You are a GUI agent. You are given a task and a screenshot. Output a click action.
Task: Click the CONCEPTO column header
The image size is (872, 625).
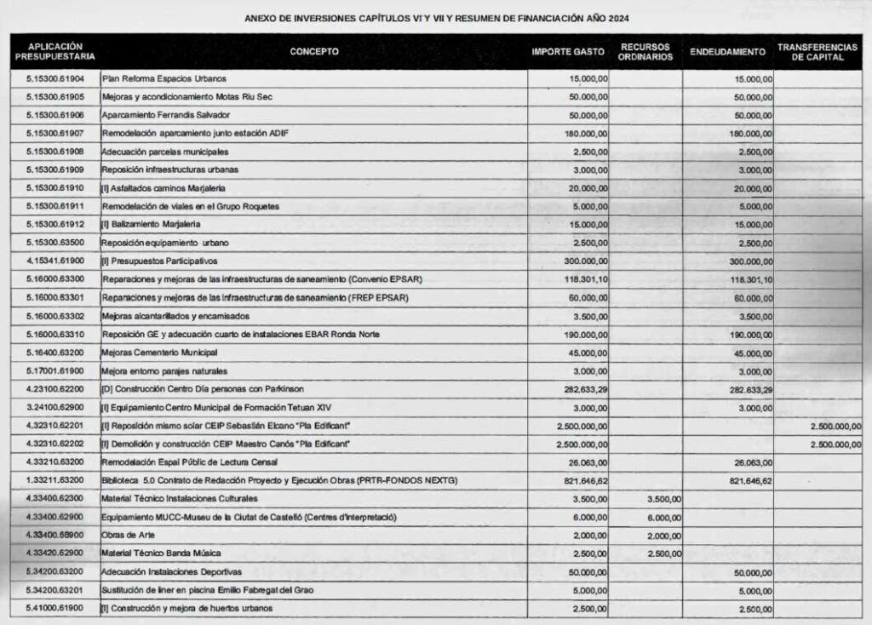click(x=314, y=51)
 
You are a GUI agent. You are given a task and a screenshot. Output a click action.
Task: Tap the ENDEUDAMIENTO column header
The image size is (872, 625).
click(x=727, y=51)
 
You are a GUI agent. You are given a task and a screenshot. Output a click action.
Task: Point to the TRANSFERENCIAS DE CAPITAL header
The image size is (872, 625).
click(x=817, y=51)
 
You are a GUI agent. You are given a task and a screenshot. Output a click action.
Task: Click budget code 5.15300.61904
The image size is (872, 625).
click(x=55, y=78)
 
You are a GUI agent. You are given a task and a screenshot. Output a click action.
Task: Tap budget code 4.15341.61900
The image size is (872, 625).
click(x=55, y=261)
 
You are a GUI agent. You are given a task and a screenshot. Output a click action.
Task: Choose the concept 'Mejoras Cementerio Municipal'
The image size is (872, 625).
click(x=160, y=353)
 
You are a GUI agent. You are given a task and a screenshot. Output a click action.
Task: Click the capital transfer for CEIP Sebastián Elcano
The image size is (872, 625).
click(x=831, y=426)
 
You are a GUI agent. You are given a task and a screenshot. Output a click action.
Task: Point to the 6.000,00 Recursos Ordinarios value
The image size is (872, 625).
click(x=663, y=517)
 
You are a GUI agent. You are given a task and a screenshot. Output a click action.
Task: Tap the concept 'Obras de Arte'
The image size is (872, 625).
click(x=128, y=536)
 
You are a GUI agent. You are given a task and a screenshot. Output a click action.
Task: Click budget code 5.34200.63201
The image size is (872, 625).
click(x=55, y=589)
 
